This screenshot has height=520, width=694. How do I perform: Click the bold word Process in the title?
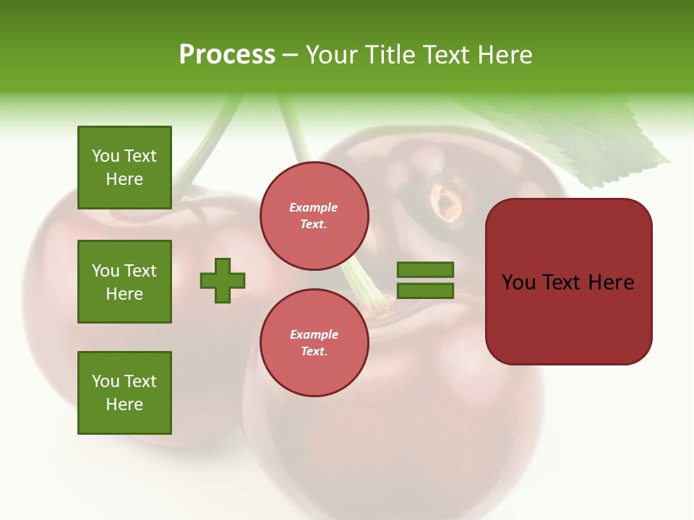click(227, 55)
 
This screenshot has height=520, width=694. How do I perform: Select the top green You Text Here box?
click(124, 168)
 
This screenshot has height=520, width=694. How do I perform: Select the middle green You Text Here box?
click(124, 282)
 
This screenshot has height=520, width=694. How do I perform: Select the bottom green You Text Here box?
click(124, 393)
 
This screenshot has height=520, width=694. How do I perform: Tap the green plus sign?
click(223, 280)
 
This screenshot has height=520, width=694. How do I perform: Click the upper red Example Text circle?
click(314, 216)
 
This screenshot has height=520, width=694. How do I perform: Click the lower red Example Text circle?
click(314, 342)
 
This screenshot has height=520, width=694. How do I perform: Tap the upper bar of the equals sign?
click(425, 269)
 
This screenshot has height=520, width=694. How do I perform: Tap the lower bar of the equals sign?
click(425, 291)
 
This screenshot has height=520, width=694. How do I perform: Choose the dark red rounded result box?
click(568, 318)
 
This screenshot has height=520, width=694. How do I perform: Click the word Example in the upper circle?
click(313, 207)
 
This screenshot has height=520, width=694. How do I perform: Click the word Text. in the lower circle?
click(314, 351)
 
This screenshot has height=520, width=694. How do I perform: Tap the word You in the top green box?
click(105, 156)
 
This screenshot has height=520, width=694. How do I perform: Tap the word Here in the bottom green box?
click(124, 404)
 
